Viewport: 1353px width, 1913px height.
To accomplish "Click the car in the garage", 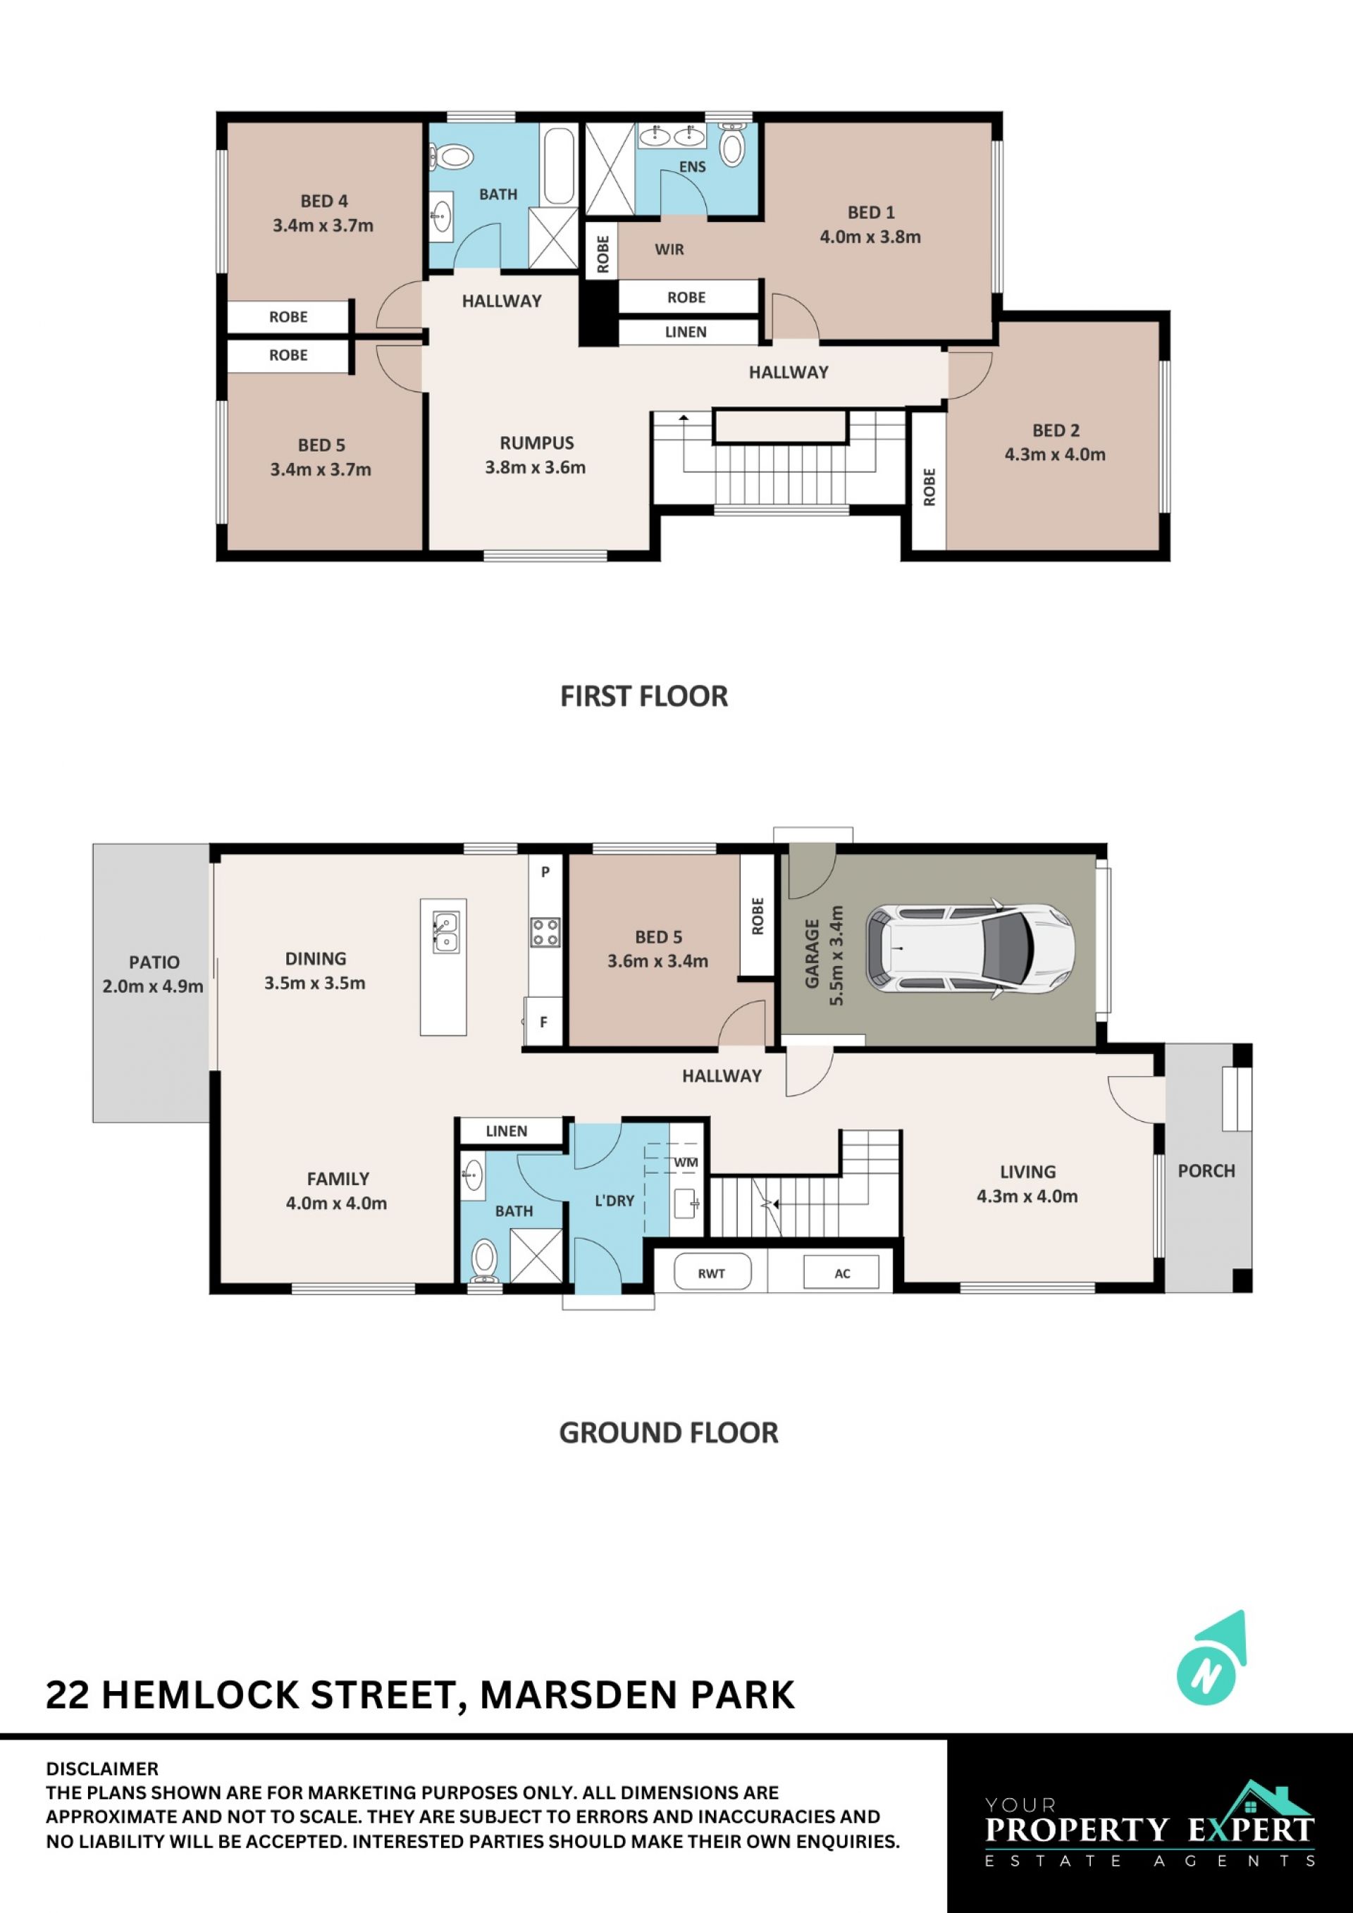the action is [970, 949].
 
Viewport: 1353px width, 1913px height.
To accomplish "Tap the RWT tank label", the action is [712, 1273].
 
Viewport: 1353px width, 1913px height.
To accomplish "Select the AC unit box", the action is [841, 1273].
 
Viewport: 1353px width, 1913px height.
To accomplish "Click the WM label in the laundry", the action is [686, 1163].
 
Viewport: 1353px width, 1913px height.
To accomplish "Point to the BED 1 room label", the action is [870, 213].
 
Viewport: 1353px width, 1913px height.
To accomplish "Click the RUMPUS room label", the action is [536, 443].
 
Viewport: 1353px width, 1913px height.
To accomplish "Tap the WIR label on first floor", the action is [669, 249].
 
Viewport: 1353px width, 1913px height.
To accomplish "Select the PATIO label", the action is [154, 962].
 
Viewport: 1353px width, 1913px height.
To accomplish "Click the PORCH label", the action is [1206, 1170].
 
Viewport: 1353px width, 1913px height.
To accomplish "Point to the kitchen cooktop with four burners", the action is [545, 932].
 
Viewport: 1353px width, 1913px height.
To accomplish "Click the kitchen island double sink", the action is [445, 932].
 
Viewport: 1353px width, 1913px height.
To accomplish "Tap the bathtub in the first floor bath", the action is [559, 165].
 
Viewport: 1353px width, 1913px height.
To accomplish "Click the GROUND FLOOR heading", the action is [668, 1432].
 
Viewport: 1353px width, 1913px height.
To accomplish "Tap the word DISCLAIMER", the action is [101, 1769].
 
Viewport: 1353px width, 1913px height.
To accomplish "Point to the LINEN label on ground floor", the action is [507, 1131].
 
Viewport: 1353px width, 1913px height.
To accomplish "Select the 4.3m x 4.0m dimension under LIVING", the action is [1027, 1196].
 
